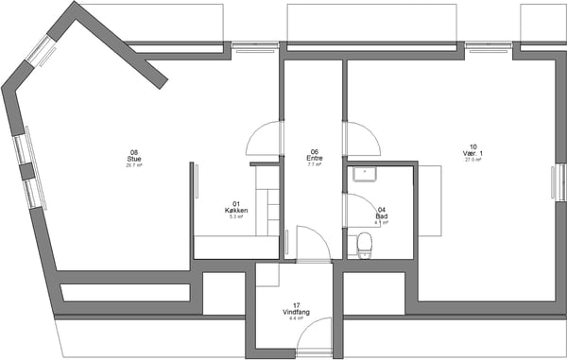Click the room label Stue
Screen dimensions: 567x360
tap(134, 158)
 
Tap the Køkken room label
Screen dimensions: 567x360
tap(236, 210)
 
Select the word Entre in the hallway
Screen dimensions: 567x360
tap(315, 158)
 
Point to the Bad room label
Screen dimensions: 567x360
tap(381, 216)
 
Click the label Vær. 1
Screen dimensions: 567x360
tap(473, 153)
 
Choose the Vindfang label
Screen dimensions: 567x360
tap(296, 312)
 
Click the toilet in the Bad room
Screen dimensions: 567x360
tap(364, 245)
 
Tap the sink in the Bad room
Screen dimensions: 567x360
tap(363, 173)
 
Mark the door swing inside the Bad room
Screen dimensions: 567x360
tap(360, 210)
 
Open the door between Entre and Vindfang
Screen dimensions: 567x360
tap(313, 244)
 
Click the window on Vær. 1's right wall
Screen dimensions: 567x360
tap(555, 180)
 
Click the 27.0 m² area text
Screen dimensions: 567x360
tap(473, 160)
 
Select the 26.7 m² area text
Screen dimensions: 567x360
tap(134, 164)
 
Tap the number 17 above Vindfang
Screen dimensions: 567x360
tap(296, 305)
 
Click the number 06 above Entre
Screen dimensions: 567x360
tap(315, 151)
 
